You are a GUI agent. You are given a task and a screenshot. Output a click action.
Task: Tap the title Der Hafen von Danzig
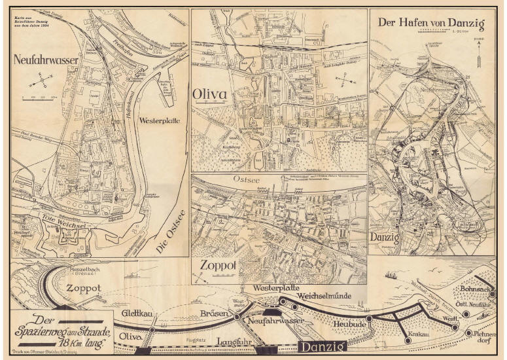click(x=431, y=24)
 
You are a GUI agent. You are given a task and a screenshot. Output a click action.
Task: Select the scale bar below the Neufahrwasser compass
click(x=41, y=98)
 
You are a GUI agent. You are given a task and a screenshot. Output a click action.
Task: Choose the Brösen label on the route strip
click(x=214, y=314)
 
